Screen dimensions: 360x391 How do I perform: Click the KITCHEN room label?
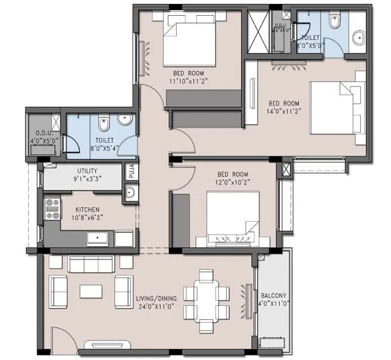(x=82, y=209)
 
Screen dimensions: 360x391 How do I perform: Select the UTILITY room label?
(x=87, y=170)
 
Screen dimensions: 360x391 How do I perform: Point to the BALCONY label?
(x=274, y=296)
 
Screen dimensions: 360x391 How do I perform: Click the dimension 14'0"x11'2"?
(x=284, y=111)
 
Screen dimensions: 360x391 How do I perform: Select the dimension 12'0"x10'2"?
(x=232, y=182)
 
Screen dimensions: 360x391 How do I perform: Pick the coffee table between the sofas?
(x=90, y=291)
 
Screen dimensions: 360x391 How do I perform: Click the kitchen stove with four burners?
(x=52, y=208)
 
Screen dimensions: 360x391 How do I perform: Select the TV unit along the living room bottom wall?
(x=107, y=344)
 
